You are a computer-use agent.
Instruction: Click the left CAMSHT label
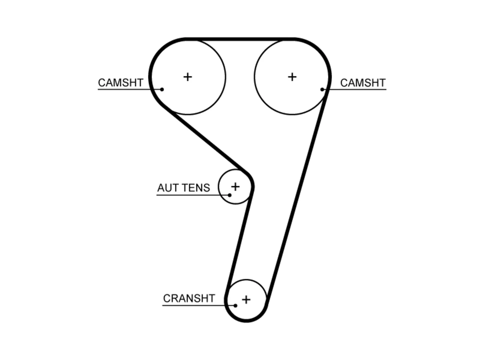tap(120, 82)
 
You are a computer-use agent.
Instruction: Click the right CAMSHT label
tap(363, 83)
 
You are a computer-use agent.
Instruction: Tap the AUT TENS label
tap(183, 188)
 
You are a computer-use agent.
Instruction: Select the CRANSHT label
tap(189, 298)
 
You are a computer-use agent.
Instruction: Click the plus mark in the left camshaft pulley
tap(187, 77)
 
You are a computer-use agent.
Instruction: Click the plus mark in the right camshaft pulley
tap(292, 77)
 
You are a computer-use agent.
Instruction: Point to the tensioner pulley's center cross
tap(235, 187)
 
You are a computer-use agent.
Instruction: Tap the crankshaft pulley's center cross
tap(246, 300)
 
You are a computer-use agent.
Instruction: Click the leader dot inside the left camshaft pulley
tap(162, 89)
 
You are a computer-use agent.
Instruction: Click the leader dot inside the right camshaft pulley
tap(322, 89)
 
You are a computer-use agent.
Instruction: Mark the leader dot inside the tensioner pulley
tap(229, 195)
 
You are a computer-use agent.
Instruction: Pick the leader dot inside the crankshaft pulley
tap(235, 306)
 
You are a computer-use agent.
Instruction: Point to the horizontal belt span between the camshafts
tap(240, 39)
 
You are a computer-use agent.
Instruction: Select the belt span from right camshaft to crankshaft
tap(297, 197)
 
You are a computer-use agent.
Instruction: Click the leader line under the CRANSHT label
tap(199, 305)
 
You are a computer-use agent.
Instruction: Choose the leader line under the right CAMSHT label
tap(354, 89)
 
